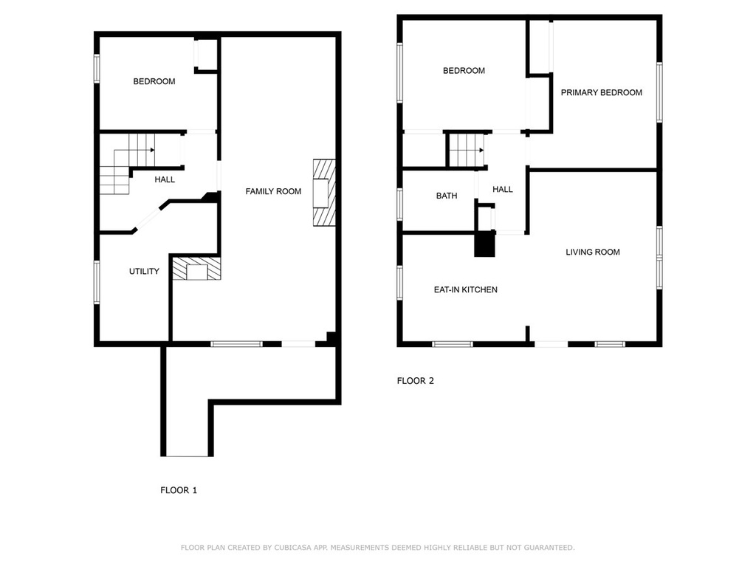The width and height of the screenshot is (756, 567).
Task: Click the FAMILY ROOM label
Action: point(273,191)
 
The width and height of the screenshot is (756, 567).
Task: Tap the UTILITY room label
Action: point(144,272)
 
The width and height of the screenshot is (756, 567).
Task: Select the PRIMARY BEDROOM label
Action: point(601,92)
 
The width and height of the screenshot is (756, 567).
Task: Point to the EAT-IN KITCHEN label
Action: point(465,289)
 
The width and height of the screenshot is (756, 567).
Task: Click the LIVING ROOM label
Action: point(593,252)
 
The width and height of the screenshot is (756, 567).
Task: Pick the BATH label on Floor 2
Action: point(447,196)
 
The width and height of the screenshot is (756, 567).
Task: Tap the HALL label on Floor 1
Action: point(165,180)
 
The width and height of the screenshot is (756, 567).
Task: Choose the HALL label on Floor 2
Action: point(502,190)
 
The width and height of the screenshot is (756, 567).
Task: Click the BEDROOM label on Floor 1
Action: point(154,81)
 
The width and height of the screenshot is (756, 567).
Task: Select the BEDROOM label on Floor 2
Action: point(464,71)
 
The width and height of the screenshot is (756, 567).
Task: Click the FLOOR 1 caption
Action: point(179,490)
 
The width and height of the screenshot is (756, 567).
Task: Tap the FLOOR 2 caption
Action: point(415,381)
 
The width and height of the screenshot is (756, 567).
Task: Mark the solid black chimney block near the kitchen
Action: point(484,244)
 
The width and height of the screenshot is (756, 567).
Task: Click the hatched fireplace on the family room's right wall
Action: point(324,193)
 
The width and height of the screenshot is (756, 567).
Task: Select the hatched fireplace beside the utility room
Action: point(196,269)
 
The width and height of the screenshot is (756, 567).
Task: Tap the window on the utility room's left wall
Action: point(97,283)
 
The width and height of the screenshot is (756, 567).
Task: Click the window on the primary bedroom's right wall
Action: point(659,92)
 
